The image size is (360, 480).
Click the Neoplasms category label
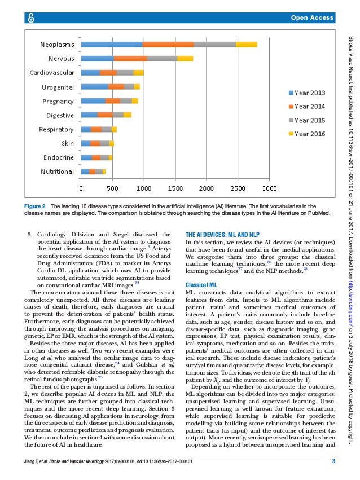(x=56, y=44)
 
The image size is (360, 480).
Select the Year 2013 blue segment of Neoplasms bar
(x=112, y=44)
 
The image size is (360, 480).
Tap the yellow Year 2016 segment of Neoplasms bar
(x=247, y=44)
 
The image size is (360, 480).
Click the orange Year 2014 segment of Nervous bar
(x=130, y=58)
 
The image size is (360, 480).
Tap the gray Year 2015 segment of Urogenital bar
(x=129, y=86)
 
